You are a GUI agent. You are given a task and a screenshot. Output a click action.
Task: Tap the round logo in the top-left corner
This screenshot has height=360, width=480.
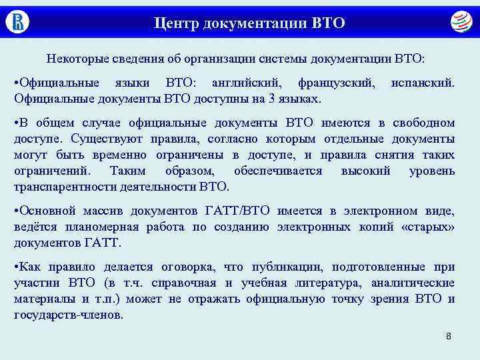[x=17, y=21]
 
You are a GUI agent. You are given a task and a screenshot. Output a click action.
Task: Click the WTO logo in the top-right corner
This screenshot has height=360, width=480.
[x=460, y=21]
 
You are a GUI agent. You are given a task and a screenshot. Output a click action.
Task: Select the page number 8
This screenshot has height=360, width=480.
[x=449, y=336]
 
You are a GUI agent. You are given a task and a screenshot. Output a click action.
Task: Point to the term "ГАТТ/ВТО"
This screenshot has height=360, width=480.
[x=239, y=211]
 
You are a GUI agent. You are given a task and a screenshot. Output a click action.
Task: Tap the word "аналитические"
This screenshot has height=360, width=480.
[x=411, y=283]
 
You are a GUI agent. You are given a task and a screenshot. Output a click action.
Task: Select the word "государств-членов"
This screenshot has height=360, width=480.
[x=69, y=314]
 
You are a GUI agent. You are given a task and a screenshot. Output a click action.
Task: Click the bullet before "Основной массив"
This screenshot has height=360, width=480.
[x=16, y=211]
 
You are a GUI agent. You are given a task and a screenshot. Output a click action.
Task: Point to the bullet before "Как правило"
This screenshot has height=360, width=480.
[x=16, y=267]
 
